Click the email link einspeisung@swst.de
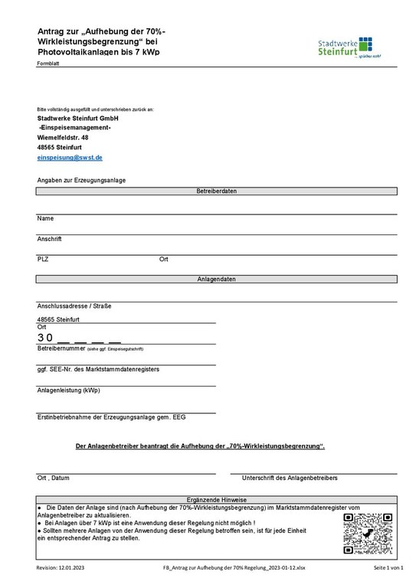(70, 156)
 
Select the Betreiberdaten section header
(216, 190)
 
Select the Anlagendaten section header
(216, 279)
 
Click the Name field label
(45, 219)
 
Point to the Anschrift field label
(49, 239)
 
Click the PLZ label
(43, 259)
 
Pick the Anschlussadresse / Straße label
(74, 305)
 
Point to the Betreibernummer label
(61, 348)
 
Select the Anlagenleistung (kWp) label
(68, 390)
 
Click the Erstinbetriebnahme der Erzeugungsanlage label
(111, 417)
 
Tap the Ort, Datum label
(54, 478)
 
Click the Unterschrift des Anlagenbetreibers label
(290, 478)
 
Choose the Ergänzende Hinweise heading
(216, 499)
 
